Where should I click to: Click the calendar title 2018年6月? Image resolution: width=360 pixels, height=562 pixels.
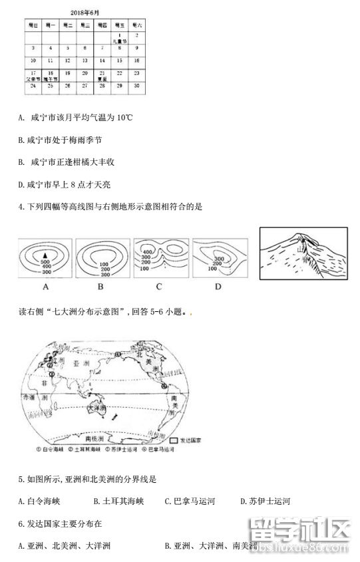[85, 13]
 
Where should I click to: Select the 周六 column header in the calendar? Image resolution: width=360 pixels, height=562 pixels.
[136, 25]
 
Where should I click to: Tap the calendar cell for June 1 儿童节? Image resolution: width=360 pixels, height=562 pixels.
[118, 37]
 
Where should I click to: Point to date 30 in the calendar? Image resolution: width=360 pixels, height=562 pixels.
[136, 86]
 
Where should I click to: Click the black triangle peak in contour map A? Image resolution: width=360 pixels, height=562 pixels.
[45, 255]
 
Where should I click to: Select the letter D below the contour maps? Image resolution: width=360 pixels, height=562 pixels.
[218, 287]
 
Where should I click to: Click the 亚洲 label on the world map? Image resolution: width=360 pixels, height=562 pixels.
[81, 364]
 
